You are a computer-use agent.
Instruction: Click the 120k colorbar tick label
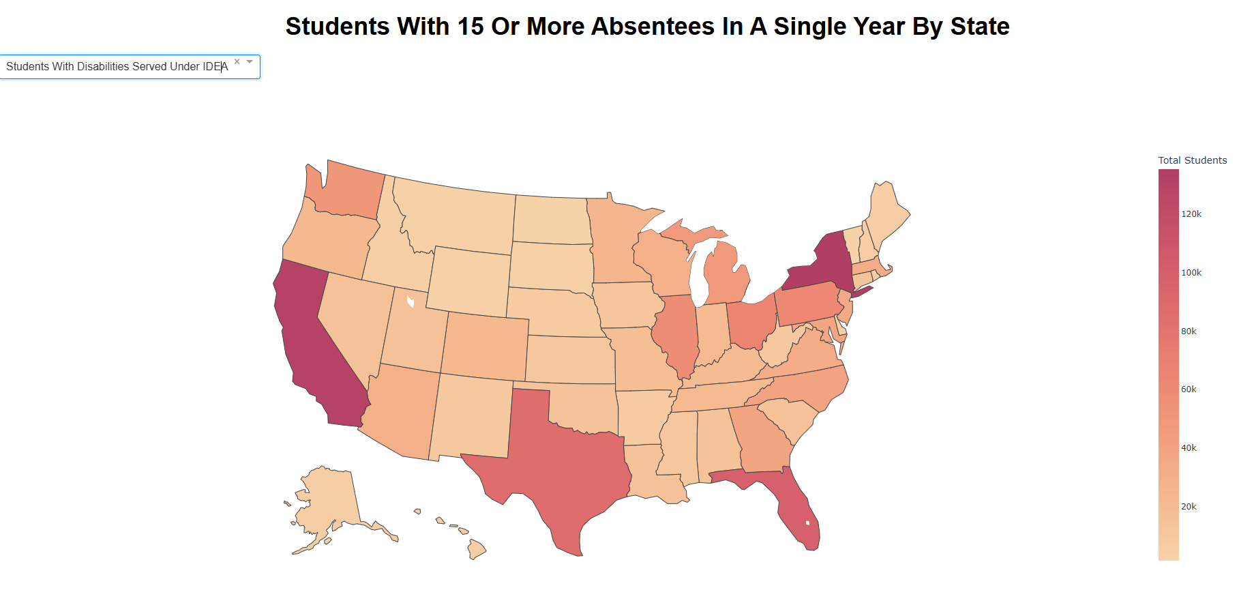(1191, 214)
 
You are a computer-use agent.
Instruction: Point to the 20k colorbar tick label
(1189, 507)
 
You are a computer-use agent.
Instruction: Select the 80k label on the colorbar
(1189, 331)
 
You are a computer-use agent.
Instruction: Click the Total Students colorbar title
(1192, 160)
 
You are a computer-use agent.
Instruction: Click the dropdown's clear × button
(237, 61)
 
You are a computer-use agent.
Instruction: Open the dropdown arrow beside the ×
(250, 61)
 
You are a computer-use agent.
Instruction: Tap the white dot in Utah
(410, 301)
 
